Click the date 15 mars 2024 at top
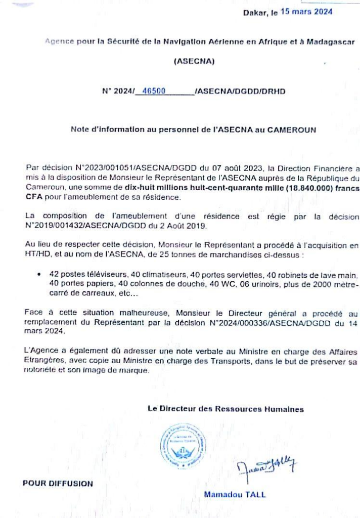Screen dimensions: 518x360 point(306,12)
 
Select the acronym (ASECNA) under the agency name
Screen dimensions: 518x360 point(194,62)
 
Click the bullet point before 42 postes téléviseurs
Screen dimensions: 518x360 point(39,274)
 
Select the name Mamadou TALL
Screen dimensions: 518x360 point(235,495)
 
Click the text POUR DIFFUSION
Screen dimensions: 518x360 point(58,484)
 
